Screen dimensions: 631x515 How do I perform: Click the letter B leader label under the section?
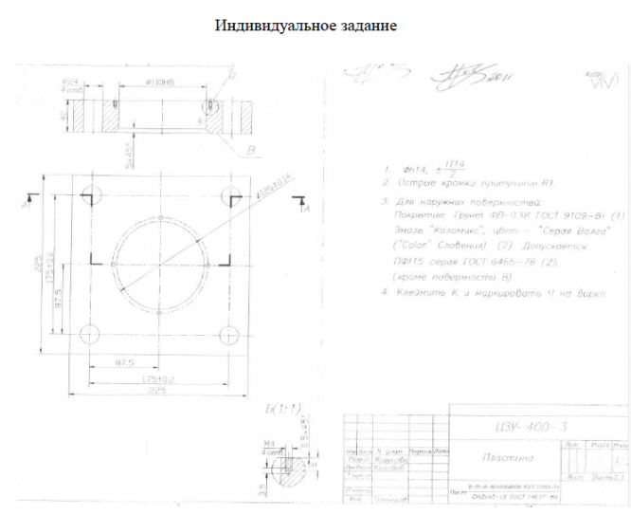(x=250, y=150)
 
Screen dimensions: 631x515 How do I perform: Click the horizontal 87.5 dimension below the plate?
(x=124, y=364)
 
